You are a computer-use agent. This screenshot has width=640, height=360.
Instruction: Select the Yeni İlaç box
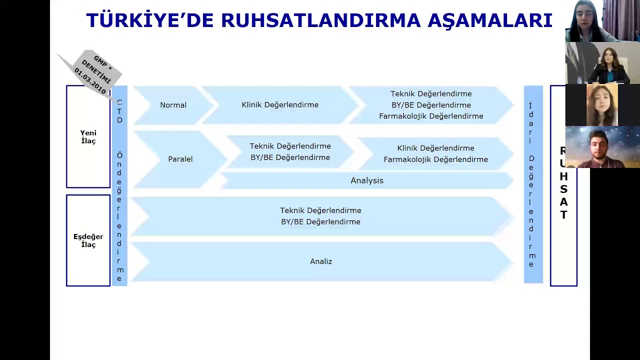[88, 136]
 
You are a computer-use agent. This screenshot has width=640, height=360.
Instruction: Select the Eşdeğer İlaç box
[88, 240]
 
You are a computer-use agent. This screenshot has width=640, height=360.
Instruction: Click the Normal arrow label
[173, 105]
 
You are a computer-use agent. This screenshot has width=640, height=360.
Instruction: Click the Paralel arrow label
[180, 159]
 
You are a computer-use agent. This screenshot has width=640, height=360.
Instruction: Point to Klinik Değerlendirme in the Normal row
[280, 105]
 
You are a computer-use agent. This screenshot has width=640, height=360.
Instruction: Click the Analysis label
[367, 180]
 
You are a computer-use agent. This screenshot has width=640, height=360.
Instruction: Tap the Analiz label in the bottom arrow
[321, 261]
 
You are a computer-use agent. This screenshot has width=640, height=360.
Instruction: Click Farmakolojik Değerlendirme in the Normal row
[431, 116]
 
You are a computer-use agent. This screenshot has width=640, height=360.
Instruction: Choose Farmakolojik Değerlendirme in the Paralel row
[435, 159]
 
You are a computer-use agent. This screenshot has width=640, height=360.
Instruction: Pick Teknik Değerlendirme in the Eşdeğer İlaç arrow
[320, 210]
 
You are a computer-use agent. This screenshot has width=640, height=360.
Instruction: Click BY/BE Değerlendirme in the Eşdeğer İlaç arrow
[320, 222]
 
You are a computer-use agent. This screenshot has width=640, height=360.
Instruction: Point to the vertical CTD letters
[119, 111]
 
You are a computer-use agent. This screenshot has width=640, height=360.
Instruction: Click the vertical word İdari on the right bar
[531, 123]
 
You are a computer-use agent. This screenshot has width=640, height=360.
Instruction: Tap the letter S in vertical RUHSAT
[563, 189]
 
